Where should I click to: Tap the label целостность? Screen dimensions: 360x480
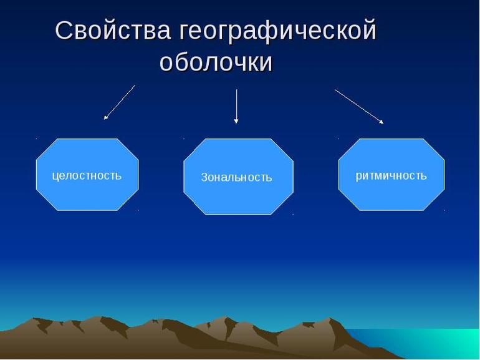[87, 175]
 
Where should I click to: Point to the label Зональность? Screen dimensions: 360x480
[236, 177]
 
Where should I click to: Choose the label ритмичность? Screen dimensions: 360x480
[391, 175]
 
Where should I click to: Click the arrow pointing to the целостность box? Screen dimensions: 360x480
[119, 102]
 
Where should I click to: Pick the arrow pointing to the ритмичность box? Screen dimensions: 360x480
[358, 106]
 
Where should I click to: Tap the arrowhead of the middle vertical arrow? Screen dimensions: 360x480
[236, 121]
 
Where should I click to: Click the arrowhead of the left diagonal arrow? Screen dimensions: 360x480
[106, 117]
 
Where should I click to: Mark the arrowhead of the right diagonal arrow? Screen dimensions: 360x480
[381, 122]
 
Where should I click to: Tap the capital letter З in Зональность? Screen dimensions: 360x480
[204, 177]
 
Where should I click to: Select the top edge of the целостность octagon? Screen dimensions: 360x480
[87, 139]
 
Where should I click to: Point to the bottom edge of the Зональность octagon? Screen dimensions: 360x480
[238, 214]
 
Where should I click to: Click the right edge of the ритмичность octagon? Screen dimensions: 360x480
[444, 175]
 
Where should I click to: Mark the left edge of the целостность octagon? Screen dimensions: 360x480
[36, 175]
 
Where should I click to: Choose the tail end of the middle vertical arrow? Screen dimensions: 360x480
[236, 90]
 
